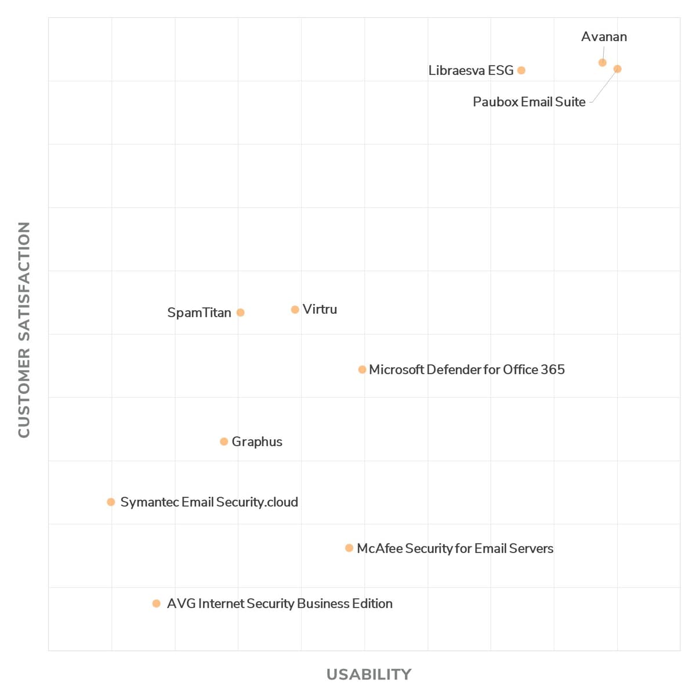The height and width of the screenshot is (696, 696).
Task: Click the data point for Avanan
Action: [x=602, y=63]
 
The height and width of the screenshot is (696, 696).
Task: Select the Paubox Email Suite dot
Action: [x=617, y=69]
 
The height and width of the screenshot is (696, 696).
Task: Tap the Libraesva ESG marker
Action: [x=521, y=70]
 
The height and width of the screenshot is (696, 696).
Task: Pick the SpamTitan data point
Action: [x=241, y=313]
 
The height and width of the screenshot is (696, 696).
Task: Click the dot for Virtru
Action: [x=295, y=310]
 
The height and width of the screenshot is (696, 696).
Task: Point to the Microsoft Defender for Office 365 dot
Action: [x=362, y=369]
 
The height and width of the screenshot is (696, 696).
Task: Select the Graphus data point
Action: [x=224, y=441]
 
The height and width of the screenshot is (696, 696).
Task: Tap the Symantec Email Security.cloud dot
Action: [x=111, y=502]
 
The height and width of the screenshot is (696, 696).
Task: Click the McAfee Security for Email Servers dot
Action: [x=349, y=548]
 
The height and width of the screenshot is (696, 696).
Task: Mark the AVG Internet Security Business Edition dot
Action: [x=157, y=604]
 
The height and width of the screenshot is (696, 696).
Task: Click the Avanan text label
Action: [x=604, y=37]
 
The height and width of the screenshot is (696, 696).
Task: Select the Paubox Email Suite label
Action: [x=529, y=102]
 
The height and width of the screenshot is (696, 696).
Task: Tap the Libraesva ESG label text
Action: [x=471, y=70]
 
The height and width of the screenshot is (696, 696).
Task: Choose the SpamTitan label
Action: [x=200, y=313]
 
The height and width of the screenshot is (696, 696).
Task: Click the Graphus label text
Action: [x=257, y=442]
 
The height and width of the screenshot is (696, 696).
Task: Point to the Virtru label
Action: [x=320, y=309]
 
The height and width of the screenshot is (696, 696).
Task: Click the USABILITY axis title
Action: [x=369, y=675]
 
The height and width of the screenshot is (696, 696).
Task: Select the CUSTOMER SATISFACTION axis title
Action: [x=24, y=330]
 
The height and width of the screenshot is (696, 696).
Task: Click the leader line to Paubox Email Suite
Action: [x=604, y=86]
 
